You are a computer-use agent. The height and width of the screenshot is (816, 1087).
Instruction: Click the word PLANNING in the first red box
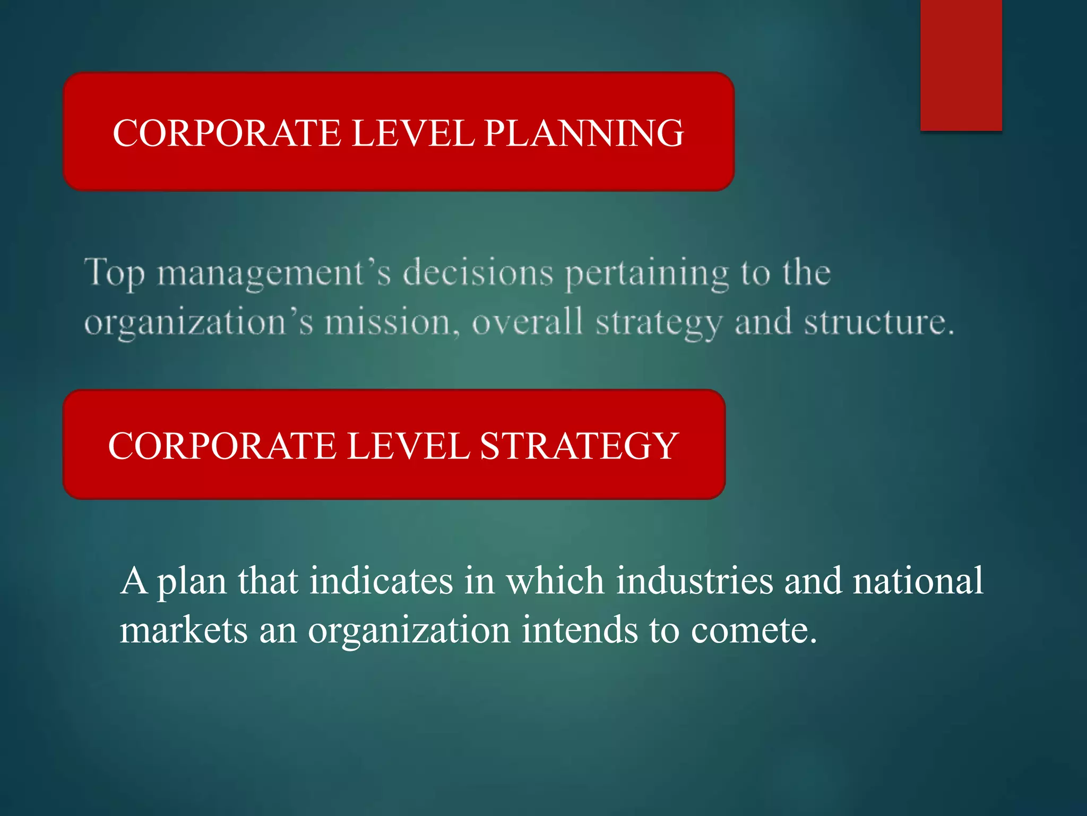pyautogui.click(x=584, y=133)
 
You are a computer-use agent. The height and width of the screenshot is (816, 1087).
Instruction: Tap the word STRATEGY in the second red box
pyautogui.click(x=579, y=446)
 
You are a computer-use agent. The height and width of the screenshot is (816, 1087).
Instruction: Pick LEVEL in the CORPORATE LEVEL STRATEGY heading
pyautogui.click(x=408, y=446)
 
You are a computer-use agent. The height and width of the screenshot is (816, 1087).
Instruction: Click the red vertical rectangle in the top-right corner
pyautogui.click(x=961, y=65)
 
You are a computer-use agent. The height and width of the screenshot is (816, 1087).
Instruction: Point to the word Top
pyautogui.click(x=114, y=273)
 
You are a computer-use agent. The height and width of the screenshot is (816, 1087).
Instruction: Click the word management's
pyautogui.click(x=274, y=273)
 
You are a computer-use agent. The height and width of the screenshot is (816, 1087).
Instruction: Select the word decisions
pyautogui.click(x=478, y=273)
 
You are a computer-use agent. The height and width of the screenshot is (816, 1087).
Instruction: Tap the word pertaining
pyautogui.click(x=646, y=273)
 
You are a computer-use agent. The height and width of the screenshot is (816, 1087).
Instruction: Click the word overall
pyautogui.click(x=528, y=322)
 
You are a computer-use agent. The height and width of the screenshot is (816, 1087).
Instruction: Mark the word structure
pyautogui.click(x=878, y=322)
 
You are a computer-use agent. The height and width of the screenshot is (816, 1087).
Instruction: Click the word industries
pyautogui.click(x=694, y=581)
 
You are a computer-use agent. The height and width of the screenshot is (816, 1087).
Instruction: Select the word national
pyautogui.click(x=918, y=581)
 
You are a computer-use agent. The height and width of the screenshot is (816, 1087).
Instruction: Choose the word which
pyautogui.click(x=555, y=581)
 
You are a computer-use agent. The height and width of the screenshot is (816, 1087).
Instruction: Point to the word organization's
pyautogui.click(x=199, y=322)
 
